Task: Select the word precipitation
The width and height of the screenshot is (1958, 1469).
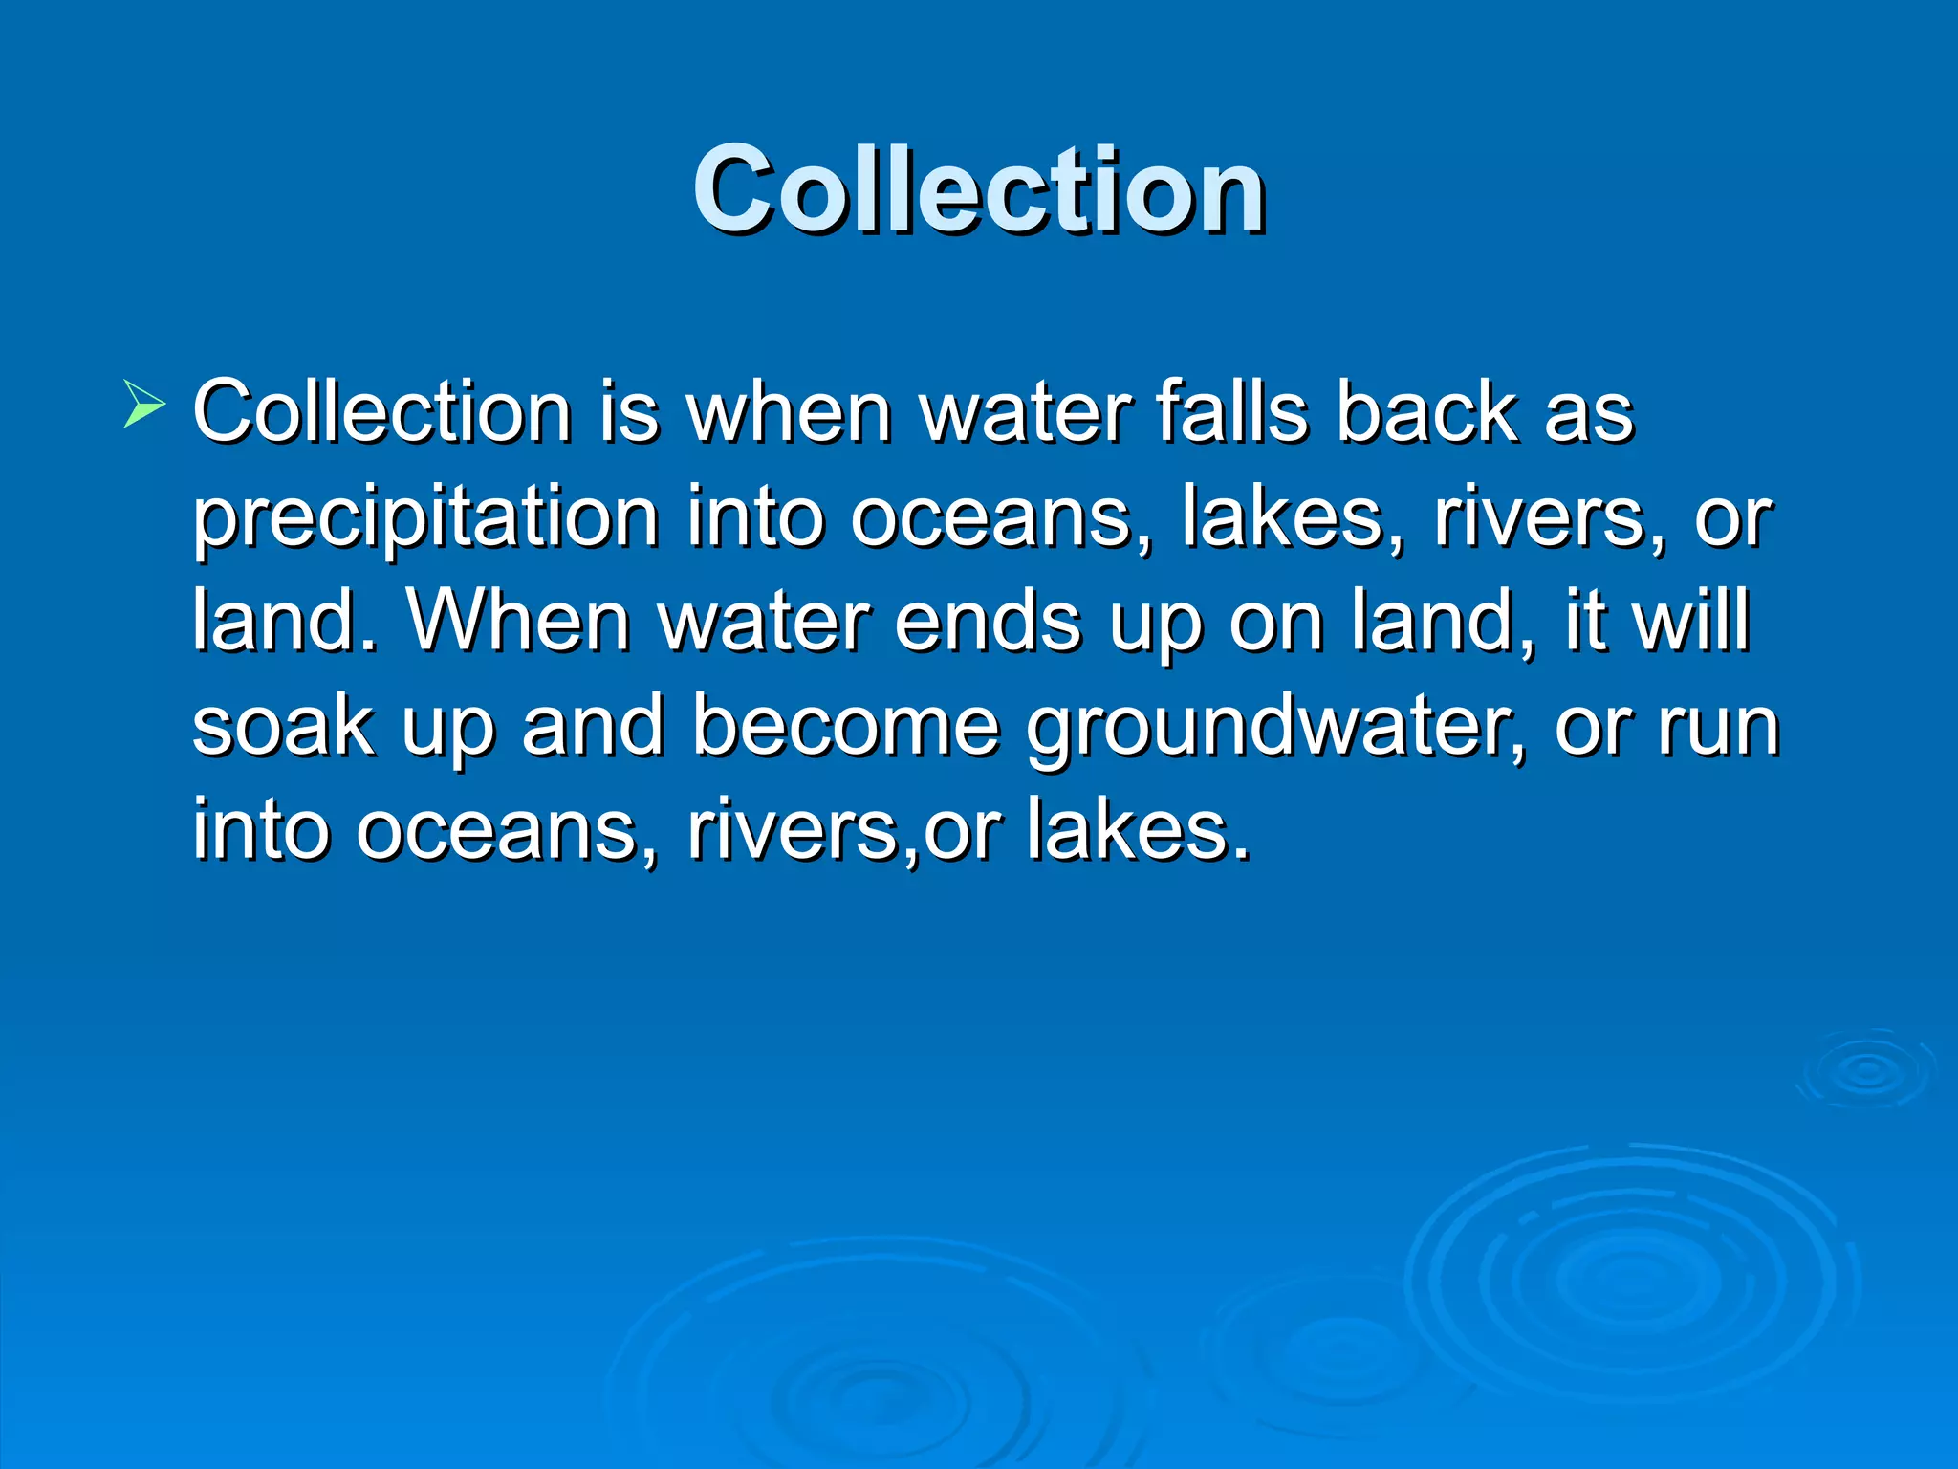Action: click(x=425, y=519)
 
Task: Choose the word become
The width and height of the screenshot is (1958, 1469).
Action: click(x=845, y=727)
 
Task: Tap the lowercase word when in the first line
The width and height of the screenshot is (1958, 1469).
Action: click(x=790, y=412)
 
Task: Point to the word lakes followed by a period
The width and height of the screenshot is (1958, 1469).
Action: click(x=1138, y=830)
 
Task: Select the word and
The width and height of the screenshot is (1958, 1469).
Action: click(x=593, y=727)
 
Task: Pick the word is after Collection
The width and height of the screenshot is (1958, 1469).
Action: click(x=629, y=412)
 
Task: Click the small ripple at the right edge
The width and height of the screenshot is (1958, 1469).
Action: click(x=1865, y=1071)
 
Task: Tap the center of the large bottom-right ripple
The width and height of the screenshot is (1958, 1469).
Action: click(x=1630, y=1277)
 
